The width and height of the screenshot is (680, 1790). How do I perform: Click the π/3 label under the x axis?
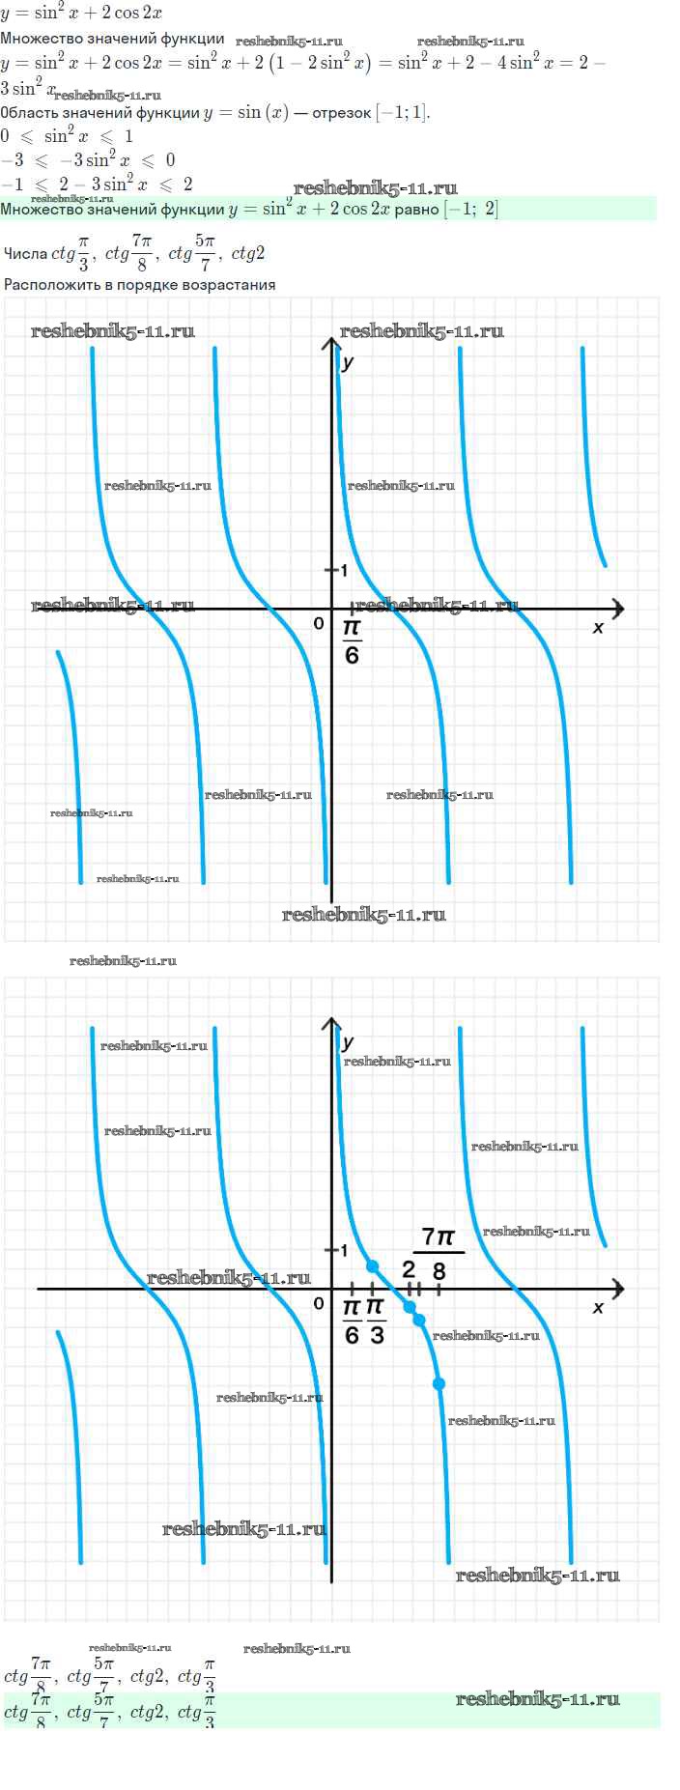click(x=377, y=1321)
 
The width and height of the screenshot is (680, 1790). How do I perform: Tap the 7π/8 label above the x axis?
click(x=439, y=1252)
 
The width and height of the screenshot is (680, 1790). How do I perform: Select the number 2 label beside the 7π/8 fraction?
click(x=409, y=1269)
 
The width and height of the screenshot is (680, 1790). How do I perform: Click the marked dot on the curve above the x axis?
click(x=373, y=1265)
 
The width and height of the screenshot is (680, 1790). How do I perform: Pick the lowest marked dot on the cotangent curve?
click(x=439, y=1384)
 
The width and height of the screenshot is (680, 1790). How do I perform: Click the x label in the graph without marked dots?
click(x=598, y=628)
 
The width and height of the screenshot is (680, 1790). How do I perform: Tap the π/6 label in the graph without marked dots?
click(x=352, y=641)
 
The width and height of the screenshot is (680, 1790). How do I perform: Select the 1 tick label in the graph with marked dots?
click(x=344, y=1250)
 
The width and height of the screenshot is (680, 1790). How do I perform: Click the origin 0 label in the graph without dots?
click(x=319, y=624)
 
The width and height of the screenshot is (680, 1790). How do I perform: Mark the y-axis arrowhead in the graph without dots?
click(x=331, y=345)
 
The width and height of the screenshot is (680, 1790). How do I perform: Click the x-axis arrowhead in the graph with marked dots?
click(x=617, y=1289)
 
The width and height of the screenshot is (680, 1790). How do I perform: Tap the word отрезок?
click(x=342, y=113)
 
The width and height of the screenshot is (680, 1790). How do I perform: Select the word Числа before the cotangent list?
click(x=25, y=254)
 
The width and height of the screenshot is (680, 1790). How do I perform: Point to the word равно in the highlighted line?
click(x=417, y=209)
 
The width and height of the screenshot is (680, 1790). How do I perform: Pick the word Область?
click(x=29, y=113)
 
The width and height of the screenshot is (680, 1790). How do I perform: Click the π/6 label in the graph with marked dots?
click(x=352, y=1321)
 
